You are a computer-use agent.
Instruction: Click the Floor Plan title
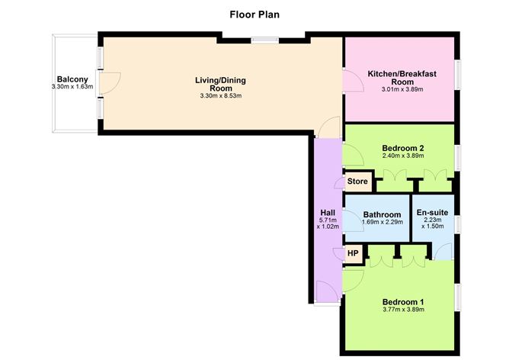click(254, 14)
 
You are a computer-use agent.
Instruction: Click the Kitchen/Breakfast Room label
click(400, 77)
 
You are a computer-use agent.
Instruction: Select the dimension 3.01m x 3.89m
click(400, 89)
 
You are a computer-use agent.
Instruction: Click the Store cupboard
click(357, 182)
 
